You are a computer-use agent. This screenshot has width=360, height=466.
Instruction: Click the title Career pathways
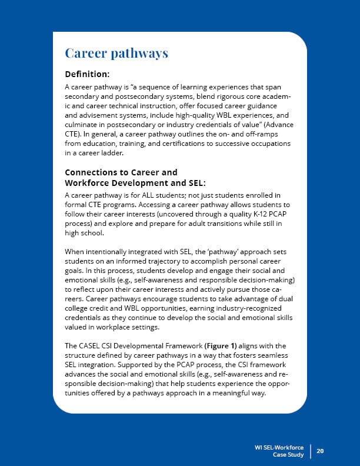(116, 54)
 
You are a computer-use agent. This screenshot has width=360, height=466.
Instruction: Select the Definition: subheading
(88, 75)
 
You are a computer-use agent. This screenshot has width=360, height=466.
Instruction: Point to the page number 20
(321, 451)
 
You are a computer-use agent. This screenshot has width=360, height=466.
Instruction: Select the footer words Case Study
(289, 455)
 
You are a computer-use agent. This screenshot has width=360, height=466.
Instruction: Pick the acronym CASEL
(89, 345)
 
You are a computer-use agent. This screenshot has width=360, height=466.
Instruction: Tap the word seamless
(274, 354)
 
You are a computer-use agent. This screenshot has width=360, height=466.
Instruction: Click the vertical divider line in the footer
(309, 451)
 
